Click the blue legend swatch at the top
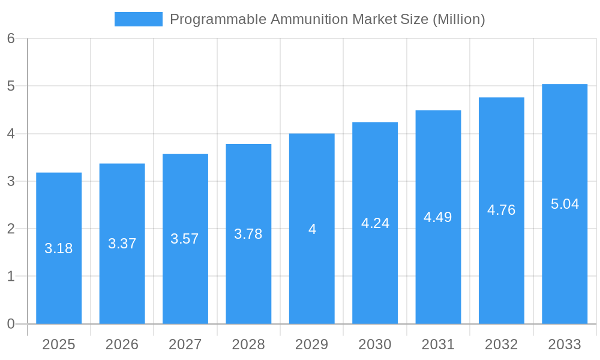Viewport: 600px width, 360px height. [138, 19]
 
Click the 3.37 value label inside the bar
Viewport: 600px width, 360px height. [122, 244]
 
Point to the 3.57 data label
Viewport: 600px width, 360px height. [185, 239]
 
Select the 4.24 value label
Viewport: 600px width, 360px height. [375, 223]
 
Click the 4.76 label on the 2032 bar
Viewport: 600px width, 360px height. [501, 210]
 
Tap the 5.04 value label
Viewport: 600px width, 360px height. [565, 204]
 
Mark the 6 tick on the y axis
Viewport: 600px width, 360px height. [11, 38]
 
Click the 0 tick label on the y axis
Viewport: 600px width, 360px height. [11, 324]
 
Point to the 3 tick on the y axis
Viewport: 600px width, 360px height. [11, 181]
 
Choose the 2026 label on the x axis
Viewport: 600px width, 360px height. [122, 344]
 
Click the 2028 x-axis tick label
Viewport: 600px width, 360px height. [248, 344]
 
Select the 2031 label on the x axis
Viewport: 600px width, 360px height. [438, 344]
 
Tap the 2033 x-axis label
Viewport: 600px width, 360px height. [565, 344]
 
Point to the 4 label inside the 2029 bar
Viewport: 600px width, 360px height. [312, 229]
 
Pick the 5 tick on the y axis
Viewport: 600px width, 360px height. [11, 86]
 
